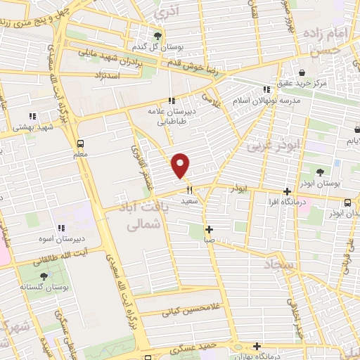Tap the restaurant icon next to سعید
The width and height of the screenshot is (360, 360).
click(188, 189)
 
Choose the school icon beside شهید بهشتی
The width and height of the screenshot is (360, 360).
click(32, 116)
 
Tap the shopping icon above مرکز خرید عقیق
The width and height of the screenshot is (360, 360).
click(302, 72)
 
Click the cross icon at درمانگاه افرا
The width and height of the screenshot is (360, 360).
click(287, 191)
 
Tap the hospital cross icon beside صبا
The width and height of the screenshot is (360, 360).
click(209, 229)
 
